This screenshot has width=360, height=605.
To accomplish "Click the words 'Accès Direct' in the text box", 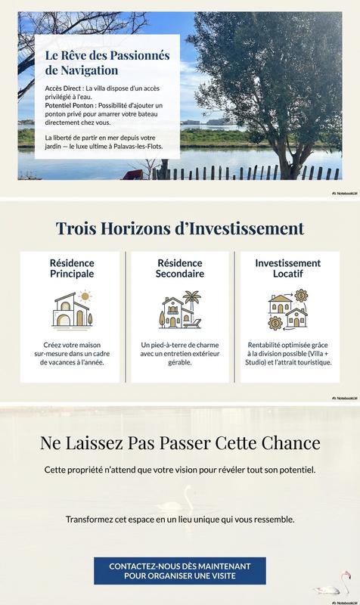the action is pos(64,89).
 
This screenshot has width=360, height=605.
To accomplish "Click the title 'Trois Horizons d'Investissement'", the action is pos(180,228).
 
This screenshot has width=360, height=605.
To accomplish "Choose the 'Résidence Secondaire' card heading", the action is pos(180,268).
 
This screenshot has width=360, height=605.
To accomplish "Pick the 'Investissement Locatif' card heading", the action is pos(287,268).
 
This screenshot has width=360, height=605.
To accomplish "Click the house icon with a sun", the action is pos(72,309).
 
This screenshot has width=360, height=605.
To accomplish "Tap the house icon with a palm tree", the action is pos(180,309).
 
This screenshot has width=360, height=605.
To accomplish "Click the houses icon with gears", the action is pos(287,309).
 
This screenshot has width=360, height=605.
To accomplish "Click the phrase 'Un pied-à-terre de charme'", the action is pos(180,346).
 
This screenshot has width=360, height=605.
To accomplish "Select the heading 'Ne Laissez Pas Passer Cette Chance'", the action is pos(180,442).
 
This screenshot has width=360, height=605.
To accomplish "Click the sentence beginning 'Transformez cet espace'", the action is pos(180,520).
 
